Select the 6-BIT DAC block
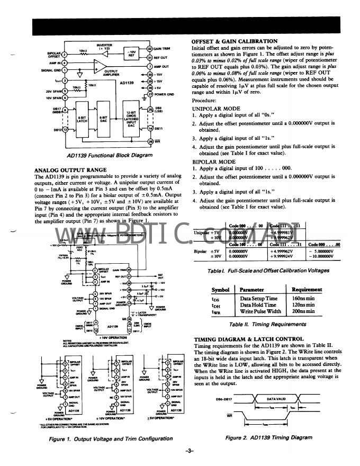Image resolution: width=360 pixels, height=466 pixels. [x=104, y=121]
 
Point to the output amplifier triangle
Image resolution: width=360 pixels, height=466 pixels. [x=98, y=67]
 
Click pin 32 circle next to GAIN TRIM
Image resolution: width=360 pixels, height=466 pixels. [x=150, y=49]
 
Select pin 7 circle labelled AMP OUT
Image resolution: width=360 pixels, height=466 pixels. [x=150, y=67]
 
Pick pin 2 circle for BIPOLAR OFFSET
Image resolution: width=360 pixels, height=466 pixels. [x=65, y=54]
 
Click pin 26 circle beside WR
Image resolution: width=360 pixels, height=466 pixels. [x=150, y=141]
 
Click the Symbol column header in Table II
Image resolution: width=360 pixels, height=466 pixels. [x=220, y=290]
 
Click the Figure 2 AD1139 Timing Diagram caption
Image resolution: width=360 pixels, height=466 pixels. [x=269, y=438]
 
